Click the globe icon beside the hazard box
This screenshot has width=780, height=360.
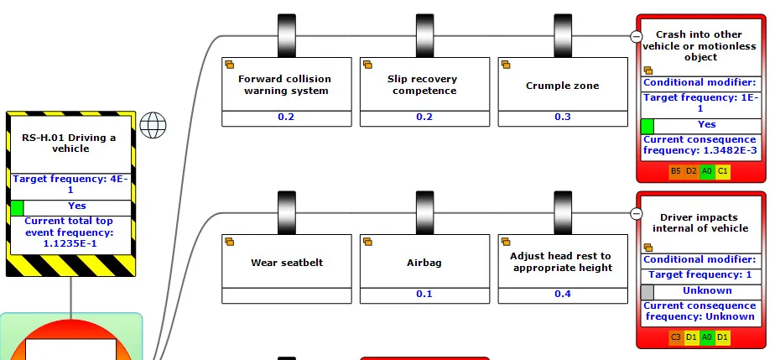[153, 125]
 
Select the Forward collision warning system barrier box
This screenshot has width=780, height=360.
[287, 91]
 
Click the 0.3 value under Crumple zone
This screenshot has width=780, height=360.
[563, 117]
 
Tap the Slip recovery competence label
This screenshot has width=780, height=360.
[424, 85]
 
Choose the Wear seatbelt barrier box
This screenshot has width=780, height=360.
[287, 269]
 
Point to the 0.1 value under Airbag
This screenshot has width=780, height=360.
[424, 294]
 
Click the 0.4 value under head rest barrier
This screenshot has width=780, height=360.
[563, 294]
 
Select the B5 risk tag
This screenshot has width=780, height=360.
[675, 171]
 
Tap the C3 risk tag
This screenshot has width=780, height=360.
[675, 337]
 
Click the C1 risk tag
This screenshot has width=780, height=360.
[723, 171]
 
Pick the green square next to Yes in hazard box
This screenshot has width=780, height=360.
[17, 207]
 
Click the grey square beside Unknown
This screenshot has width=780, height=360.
[647, 292]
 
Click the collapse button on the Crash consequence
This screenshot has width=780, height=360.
[636, 36]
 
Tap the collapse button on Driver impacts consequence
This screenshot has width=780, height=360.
[636, 214]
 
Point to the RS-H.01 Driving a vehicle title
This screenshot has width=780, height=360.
[69, 143]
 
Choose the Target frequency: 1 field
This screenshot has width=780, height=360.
[701, 275]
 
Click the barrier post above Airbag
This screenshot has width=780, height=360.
[424, 211]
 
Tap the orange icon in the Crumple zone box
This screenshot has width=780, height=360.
[506, 65]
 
